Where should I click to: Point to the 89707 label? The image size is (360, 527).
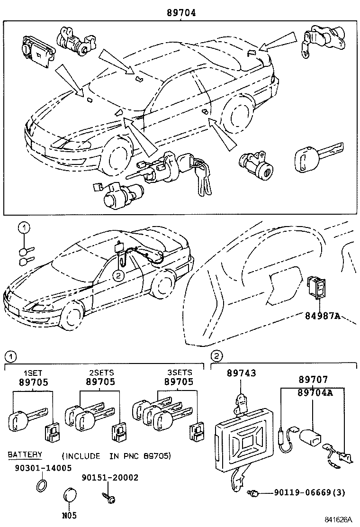(313, 380)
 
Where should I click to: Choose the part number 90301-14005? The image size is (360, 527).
(40, 468)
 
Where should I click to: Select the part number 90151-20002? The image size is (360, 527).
(110, 477)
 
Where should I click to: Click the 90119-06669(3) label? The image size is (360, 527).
(309, 493)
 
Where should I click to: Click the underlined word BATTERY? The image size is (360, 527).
(25, 454)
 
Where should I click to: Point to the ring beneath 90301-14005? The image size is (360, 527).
(42, 485)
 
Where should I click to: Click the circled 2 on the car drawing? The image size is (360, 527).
(118, 274)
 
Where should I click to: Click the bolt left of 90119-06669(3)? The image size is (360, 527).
(254, 494)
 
